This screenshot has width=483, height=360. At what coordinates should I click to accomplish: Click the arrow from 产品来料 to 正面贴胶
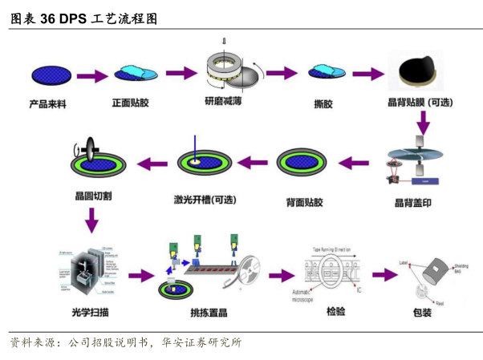[91, 77]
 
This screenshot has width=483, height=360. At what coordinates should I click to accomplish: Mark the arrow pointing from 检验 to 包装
[385, 274]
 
